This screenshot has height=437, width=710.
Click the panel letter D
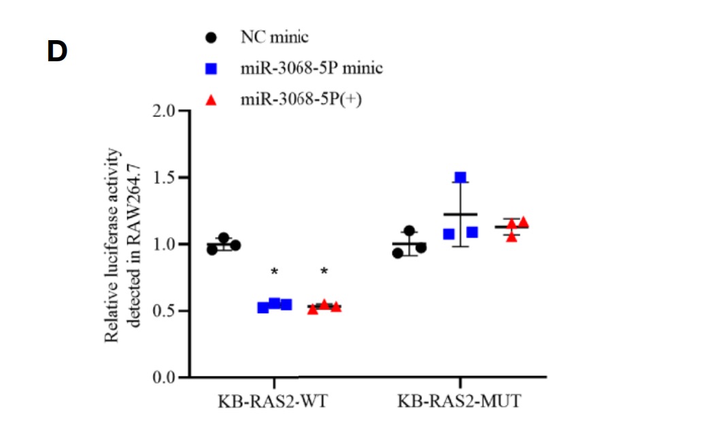click(57, 52)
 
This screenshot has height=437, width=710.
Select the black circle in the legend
click(211, 37)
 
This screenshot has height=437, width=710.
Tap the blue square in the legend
click(211, 69)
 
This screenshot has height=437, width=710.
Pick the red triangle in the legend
click(211, 101)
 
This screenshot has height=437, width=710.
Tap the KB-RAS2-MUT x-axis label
click(461, 400)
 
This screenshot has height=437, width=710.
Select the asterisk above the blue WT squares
click(275, 272)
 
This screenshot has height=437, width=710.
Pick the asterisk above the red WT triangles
click(324, 272)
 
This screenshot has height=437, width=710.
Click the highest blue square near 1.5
click(461, 178)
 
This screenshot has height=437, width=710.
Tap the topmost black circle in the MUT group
click(409, 231)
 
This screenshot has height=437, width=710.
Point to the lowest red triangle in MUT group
click(511, 237)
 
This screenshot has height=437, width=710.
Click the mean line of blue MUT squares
click(460, 214)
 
